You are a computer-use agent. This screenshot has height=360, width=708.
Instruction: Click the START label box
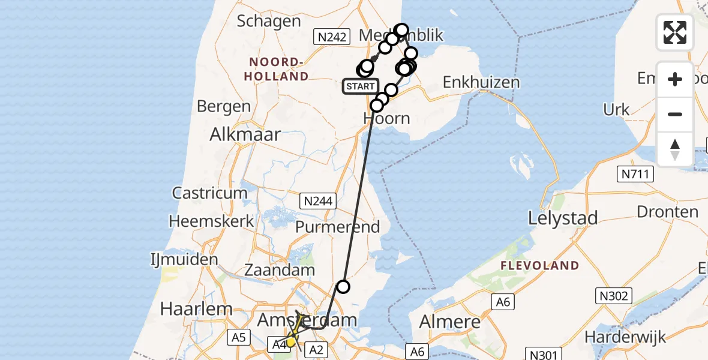[x=360, y=86]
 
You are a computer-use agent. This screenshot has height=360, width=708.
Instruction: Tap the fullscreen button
[x=675, y=32]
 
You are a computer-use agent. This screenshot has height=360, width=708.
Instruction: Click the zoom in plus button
[x=675, y=79]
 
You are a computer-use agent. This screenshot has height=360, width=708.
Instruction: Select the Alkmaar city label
[x=245, y=134]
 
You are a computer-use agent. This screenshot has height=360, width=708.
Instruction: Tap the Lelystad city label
[x=563, y=218]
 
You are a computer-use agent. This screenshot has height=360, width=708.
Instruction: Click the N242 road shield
[x=332, y=37]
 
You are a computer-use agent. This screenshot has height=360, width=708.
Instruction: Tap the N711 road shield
[x=635, y=175]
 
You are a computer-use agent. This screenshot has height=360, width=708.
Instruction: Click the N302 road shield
[x=613, y=295]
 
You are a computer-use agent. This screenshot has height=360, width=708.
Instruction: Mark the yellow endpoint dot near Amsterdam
[x=291, y=342]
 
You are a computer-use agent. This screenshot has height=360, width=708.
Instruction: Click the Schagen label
[x=269, y=22]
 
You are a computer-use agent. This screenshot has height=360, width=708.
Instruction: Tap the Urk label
[x=617, y=109]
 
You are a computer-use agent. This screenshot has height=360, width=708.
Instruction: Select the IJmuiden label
[x=184, y=260]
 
